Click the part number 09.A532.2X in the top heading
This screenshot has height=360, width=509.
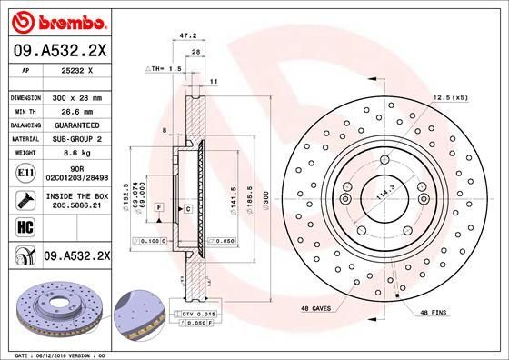[60, 51]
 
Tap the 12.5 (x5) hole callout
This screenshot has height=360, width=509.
[453, 97]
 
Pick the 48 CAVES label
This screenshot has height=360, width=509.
[317, 309]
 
